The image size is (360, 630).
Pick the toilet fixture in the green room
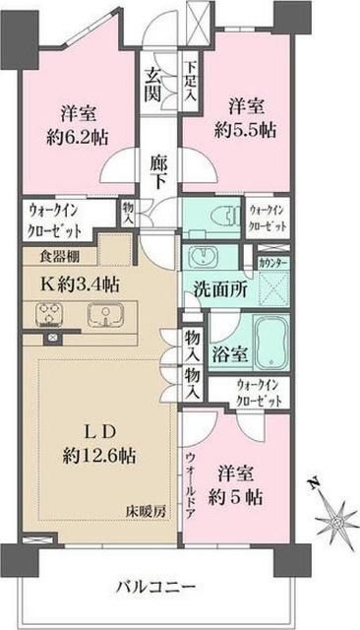(218, 219)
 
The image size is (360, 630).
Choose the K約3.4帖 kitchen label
(81, 285)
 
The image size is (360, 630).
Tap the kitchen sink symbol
(101, 316)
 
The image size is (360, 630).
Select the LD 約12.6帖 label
(98, 443)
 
